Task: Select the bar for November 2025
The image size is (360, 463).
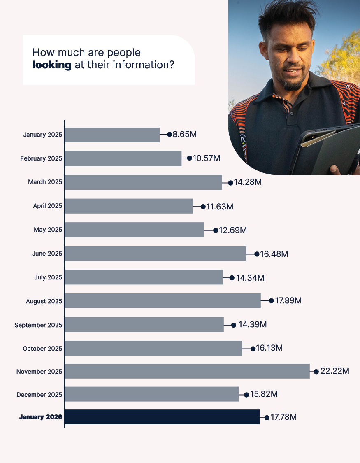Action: click(x=187, y=371)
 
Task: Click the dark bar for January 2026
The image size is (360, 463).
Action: click(x=162, y=417)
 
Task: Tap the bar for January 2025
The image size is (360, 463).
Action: click(x=112, y=135)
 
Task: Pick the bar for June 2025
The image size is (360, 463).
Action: click(x=155, y=254)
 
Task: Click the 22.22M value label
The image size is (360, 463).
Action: click(x=335, y=371)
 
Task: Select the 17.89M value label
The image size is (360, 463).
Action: click(x=288, y=301)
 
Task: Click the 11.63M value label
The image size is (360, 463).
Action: click(x=220, y=206)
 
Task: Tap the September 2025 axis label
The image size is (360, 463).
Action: click(x=38, y=325)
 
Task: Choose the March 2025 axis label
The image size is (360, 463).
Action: click(x=45, y=182)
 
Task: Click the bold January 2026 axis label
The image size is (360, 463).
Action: click(x=40, y=417)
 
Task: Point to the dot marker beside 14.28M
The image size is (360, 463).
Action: click(x=230, y=182)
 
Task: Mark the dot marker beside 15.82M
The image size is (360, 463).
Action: click(x=246, y=395)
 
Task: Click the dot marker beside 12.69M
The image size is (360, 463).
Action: click(x=216, y=230)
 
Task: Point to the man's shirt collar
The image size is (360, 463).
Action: click(x=288, y=103)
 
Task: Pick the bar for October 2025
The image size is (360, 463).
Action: click(x=153, y=348)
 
